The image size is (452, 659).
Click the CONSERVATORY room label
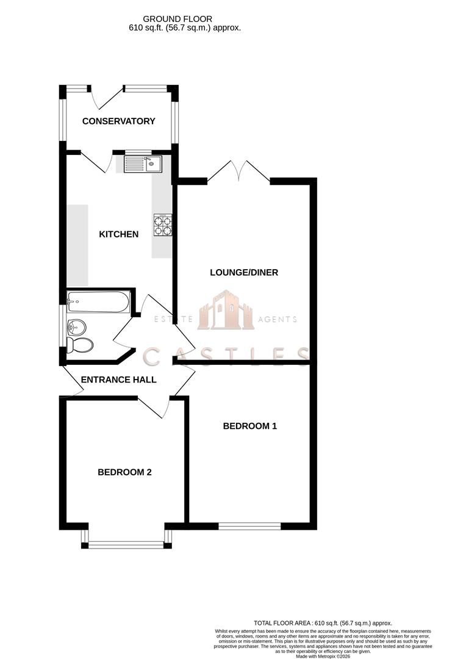coord(118,121)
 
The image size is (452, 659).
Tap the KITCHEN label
coord(118,234)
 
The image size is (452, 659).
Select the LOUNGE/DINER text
coord(243,272)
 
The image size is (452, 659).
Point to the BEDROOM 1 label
coord(249,426)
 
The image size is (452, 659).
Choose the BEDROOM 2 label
coord(124,472)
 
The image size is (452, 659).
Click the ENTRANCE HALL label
coord(118,379)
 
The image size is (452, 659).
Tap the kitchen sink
coord(142,163)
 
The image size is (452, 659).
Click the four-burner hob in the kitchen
coord(162,225)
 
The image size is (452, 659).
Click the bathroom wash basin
coord(77,326)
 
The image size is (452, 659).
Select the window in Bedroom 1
coord(249,524)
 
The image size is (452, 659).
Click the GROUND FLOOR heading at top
coord(184,19)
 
